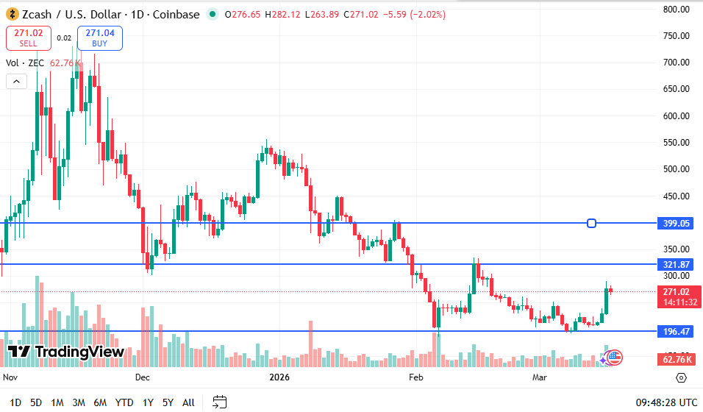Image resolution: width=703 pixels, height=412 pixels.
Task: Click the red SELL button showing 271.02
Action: point(29,38)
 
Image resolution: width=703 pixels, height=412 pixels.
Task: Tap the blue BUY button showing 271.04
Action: point(99,38)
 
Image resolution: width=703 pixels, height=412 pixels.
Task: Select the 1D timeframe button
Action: point(15,402)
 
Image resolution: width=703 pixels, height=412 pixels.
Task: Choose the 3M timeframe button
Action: point(79,402)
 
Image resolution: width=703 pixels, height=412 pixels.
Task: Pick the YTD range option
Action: point(125,402)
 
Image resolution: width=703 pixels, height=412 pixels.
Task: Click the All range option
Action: point(188,402)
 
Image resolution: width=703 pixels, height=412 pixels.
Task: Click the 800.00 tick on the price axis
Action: point(675,10)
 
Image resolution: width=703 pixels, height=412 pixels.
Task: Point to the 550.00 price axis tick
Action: point(675,143)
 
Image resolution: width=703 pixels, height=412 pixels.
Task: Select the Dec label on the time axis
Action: point(142,377)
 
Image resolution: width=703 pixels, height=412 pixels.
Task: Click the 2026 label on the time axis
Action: point(279,377)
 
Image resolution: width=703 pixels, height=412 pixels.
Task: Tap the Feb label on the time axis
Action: point(416,377)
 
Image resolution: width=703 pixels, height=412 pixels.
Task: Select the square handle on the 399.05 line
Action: point(591,223)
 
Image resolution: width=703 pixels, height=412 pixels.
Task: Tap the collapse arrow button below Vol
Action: point(16,82)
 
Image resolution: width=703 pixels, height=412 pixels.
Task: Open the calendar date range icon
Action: point(220,402)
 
